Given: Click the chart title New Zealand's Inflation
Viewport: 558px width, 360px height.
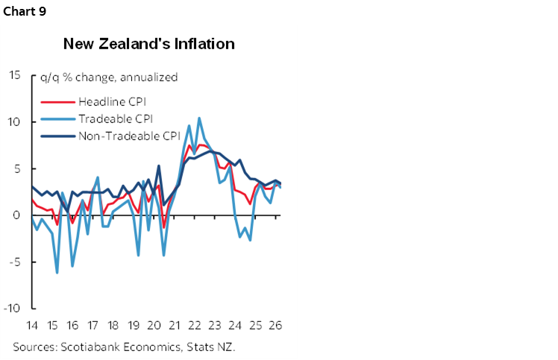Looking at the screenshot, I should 149,44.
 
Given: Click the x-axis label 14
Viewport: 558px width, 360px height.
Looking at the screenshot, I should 32,326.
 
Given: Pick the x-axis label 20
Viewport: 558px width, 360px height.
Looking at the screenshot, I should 154,326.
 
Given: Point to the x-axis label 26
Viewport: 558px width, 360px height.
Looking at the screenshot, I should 276,326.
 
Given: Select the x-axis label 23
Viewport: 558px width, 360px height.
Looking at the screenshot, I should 216,326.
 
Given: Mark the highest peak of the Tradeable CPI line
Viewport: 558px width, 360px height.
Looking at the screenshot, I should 199,118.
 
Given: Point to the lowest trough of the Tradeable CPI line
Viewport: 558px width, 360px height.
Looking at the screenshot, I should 57,273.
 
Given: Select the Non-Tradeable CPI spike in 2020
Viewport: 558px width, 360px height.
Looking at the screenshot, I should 159,165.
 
